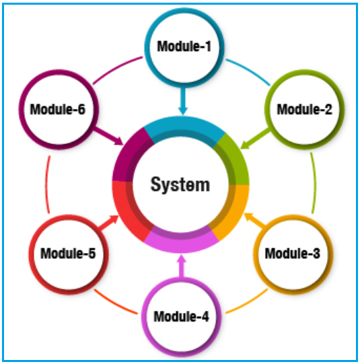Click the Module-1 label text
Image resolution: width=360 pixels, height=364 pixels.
(184, 46)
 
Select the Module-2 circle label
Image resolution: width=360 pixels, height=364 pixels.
(305, 109)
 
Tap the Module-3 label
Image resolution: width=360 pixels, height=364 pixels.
(293, 253)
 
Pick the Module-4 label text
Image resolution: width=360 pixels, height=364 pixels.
(181, 316)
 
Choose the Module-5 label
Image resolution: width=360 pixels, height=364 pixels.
(68, 253)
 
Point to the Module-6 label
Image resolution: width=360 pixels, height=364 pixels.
(58, 109)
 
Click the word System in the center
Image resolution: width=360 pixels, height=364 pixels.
(180, 185)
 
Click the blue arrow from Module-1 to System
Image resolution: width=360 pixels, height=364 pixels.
(183, 101)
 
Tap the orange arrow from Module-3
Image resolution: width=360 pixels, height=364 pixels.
(254, 219)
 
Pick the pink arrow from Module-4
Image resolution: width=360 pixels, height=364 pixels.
(182, 266)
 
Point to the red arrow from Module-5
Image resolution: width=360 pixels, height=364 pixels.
(108, 223)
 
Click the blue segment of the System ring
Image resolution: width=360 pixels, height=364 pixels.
(184, 127)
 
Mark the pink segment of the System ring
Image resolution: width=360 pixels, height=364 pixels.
(181, 243)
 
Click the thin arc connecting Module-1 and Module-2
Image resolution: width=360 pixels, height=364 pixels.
(249, 71)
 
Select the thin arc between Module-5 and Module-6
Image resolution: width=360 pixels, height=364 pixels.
(46, 184)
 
